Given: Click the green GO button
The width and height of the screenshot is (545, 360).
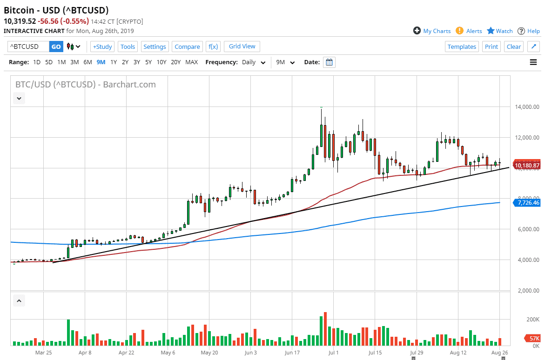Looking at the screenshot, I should point(56,47).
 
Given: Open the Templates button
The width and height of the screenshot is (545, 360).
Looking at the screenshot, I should point(462,47).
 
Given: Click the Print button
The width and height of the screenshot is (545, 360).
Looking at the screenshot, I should point(491,47).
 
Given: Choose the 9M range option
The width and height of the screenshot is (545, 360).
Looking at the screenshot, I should point(101,62).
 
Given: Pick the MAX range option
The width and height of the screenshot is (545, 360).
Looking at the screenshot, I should point(191,62).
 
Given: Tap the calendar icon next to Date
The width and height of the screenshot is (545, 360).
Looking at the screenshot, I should point(329,62).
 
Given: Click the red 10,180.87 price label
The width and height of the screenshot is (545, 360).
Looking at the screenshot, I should point(526,165).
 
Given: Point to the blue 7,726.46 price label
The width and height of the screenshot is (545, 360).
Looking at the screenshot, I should point(526,202).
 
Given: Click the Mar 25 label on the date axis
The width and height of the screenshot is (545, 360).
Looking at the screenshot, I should point(43,353).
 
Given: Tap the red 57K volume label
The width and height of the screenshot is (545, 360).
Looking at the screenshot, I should point(532,339).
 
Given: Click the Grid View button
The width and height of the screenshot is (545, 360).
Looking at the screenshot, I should point(242,46).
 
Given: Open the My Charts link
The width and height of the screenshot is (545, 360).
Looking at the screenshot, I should point(432,31).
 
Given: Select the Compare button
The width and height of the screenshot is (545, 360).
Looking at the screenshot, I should point(187,47).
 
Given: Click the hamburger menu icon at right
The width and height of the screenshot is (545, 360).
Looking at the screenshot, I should point(533,62).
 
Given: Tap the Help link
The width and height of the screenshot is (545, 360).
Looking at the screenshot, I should point(529,31).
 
